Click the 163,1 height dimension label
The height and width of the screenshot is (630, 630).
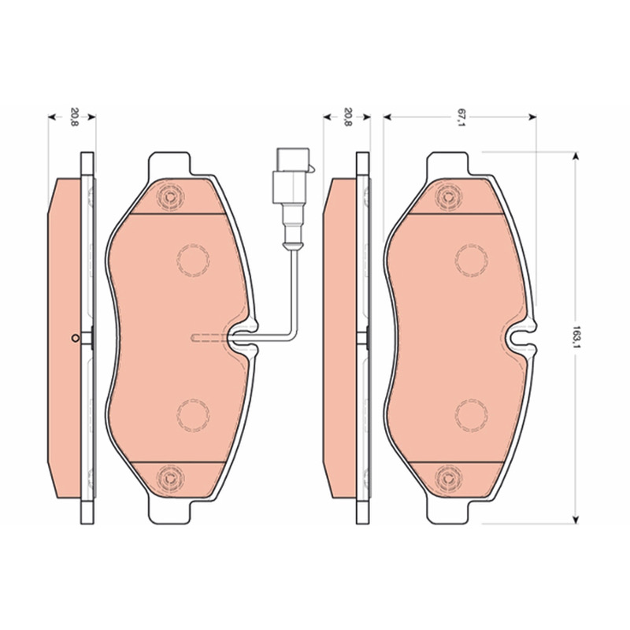point(576,337)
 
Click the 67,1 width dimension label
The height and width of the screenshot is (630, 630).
point(460,117)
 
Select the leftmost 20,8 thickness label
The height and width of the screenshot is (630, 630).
point(74,117)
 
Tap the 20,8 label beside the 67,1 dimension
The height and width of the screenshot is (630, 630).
point(348,117)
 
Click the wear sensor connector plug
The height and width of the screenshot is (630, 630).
point(291,176)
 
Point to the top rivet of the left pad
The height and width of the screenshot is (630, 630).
point(170,197)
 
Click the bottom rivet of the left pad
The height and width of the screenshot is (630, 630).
point(170,477)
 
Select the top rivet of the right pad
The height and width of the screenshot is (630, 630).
point(448,197)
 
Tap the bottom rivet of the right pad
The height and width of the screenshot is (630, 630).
point(448,477)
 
